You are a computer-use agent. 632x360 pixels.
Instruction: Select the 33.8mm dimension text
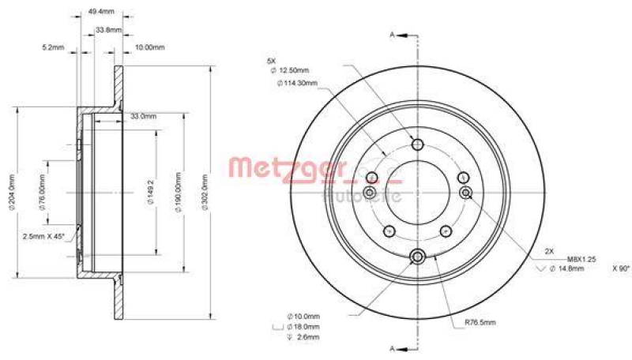(107, 29)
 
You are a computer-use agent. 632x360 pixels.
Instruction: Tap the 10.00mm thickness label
(149, 47)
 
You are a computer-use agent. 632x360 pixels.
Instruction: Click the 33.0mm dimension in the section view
(142, 116)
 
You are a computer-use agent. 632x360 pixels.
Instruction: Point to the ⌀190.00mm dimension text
(179, 190)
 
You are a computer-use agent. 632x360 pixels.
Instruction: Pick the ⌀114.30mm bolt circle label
(296, 83)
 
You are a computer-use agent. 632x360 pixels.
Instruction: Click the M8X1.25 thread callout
(581, 259)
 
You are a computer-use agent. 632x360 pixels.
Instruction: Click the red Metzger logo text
(288, 167)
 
